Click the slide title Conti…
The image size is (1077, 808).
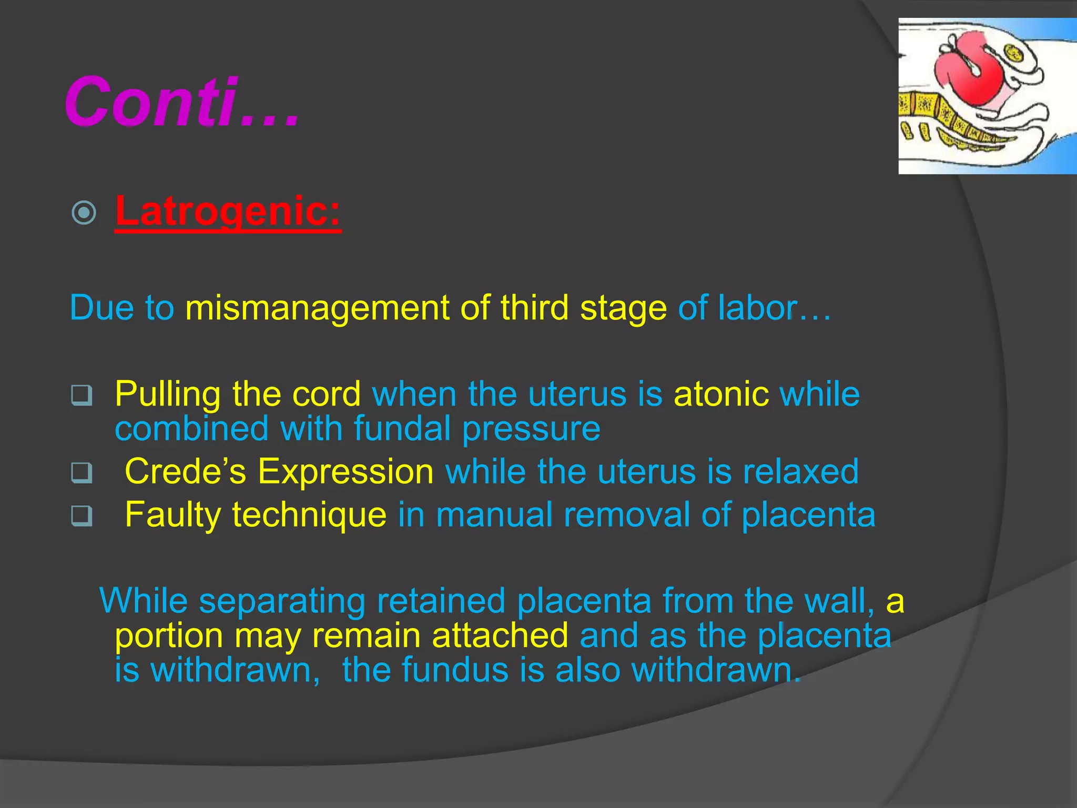click(181, 101)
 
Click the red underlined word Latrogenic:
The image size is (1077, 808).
click(228, 211)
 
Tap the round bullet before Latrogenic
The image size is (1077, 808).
click(84, 213)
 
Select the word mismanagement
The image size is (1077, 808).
click(317, 308)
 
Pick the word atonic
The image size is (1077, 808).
click(721, 395)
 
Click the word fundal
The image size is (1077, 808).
click(402, 429)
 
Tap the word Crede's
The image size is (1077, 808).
click(185, 471)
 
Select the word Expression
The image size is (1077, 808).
click(346, 471)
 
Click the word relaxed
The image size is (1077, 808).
click(800, 471)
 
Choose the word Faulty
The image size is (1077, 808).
click(173, 515)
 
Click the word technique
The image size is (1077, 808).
click(309, 515)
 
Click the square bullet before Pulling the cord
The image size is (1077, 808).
click(82, 396)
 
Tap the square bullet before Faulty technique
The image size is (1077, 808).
click(82, 516)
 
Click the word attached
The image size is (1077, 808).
click(500, 636)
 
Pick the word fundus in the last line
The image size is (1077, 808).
click(455, 671)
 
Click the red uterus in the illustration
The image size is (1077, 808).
click(965, 74)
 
